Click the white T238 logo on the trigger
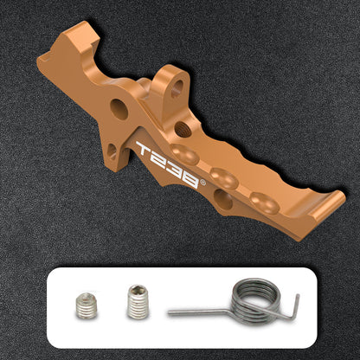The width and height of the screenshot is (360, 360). click(x=168, y=164)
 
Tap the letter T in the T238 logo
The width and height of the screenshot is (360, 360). click(x=144, y=148)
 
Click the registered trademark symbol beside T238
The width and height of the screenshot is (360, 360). click(x=202, y=183)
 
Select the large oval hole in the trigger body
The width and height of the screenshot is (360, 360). click(x=119, y=109)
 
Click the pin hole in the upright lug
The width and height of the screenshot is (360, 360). click(x=177, y=88)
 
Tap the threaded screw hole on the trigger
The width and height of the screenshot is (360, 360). click(x=183, y=129)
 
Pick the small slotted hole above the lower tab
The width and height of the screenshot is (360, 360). click(x=112, y=151)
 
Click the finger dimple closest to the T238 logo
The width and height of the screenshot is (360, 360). click(x=184, y=154)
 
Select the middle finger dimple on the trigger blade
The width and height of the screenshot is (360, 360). click(x=224, y=178)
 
